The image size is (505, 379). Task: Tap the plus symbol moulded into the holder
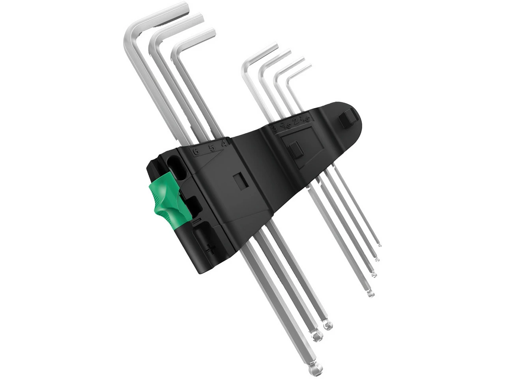211,249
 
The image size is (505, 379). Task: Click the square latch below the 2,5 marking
296,150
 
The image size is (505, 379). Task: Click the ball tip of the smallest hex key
379,245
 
